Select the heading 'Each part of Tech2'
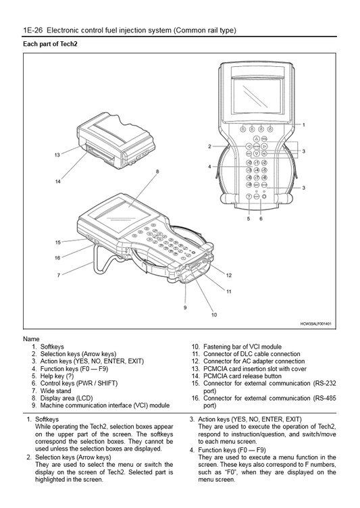(51, 44)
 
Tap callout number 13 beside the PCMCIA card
(57, 155)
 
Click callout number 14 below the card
(57, 182)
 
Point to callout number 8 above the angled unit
(157, 172)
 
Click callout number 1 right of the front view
(303, 125)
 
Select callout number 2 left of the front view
(210, 146)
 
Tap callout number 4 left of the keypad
(210, 166)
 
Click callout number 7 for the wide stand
(59, 275)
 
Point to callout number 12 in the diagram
(229, 275)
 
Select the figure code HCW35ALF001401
(315, 324)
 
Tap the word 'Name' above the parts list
(31, 338)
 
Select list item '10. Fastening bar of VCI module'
(236, 347)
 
